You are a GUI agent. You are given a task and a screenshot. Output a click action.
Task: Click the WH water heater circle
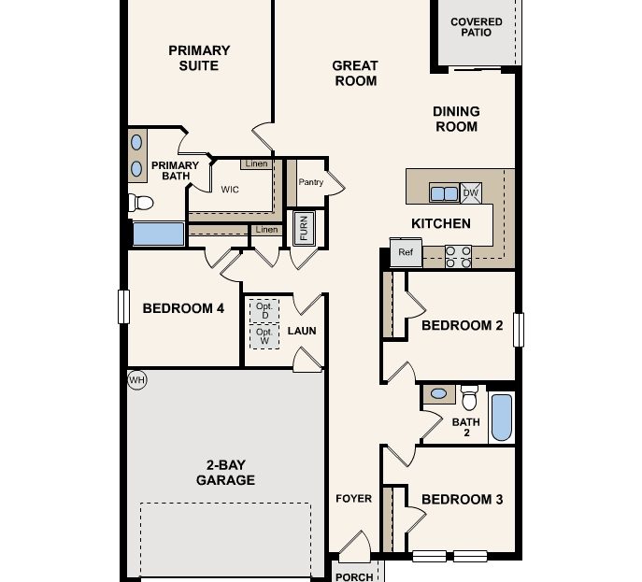coord(137,379)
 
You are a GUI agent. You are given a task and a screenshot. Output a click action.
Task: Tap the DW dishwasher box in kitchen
coord(471,192)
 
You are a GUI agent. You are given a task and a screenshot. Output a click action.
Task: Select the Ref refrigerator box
coord(406,252)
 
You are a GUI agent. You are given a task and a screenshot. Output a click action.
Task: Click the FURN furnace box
coord(303,228)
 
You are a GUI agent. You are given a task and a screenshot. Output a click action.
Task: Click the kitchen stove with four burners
coord(457,256)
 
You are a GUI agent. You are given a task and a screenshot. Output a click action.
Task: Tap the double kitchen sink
coord(443,193)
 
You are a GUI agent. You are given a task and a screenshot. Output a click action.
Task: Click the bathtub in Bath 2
coord(502,417)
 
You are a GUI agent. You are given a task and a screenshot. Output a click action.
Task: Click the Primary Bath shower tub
coord(158,234)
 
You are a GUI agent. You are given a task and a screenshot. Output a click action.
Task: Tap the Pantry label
coord(311,182)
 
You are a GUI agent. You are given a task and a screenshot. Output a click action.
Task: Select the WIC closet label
coord(230,189)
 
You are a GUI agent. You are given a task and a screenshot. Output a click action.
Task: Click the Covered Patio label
coord(476,26)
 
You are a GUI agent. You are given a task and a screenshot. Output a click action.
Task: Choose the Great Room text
coord(355,73)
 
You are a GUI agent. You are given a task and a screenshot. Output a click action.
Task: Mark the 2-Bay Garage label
coord(225,472)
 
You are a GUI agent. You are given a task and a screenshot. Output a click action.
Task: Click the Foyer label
coord(353,499)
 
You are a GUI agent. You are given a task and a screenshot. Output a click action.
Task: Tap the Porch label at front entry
coord(353,576)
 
